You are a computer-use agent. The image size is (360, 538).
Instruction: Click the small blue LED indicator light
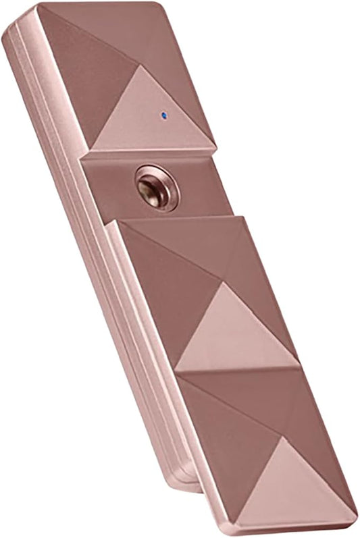click(164, 113)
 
